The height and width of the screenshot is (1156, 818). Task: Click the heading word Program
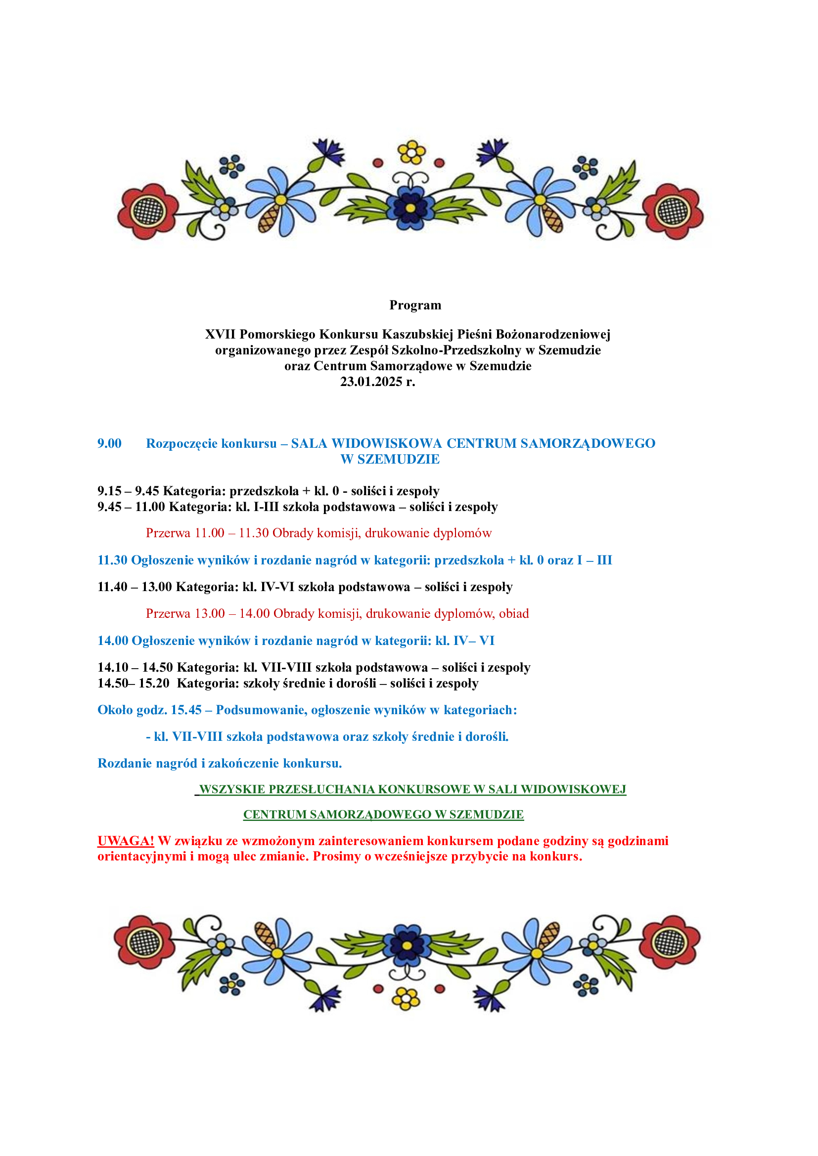click(x=415, y=305)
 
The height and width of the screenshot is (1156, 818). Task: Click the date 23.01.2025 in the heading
click(x=371, y=382)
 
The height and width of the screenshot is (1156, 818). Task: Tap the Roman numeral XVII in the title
click(x=220, y=334)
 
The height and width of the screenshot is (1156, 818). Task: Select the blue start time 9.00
click(x=109, y=443)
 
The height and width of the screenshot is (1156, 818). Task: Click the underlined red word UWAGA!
click(x=126, y=841)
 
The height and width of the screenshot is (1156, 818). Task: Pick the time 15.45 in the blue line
click(x=186, y=710)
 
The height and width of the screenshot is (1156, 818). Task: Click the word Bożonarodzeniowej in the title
click(x=552, y=334)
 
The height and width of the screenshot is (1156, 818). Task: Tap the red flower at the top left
click(x=147, y=212)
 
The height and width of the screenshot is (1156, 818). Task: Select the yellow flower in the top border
click(x=411, y=153)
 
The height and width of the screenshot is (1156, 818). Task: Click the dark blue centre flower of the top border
click(x=410, y=207)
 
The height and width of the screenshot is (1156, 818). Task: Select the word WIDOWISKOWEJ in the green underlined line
click(x=573, y=789)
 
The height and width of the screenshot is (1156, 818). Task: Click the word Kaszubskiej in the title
click(x=417, y=334)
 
